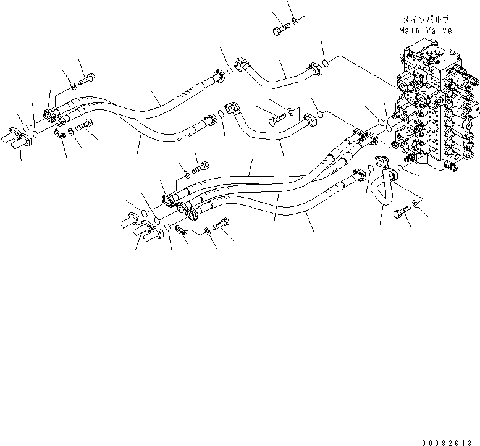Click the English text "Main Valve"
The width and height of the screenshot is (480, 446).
coord(426,30)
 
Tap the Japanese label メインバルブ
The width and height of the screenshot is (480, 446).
coord(426,20)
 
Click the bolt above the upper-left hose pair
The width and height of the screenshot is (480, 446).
coord(85,79)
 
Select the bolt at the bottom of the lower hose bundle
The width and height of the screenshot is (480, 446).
coord(221,227)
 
